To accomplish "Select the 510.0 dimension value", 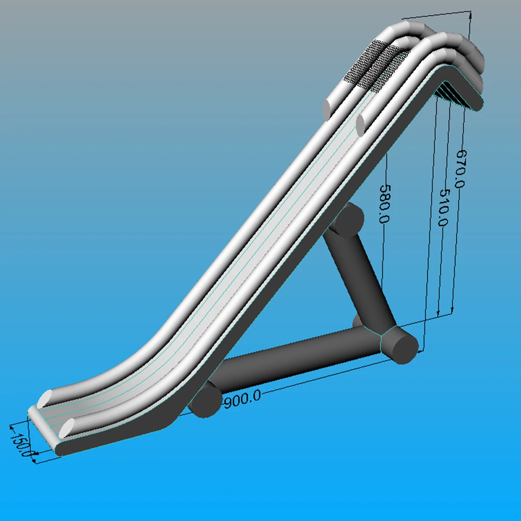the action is (445, 208).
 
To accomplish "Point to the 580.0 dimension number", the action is (385, 204).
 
